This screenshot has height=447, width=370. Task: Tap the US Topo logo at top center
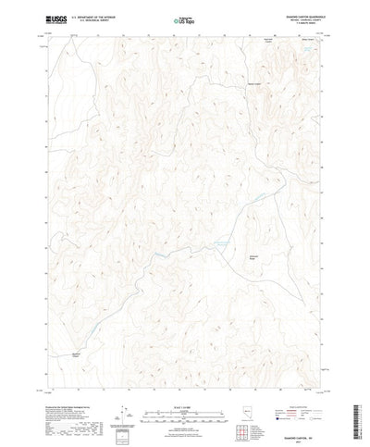coord(183,19)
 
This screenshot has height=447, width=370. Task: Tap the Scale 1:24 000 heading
coord(183,377)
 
